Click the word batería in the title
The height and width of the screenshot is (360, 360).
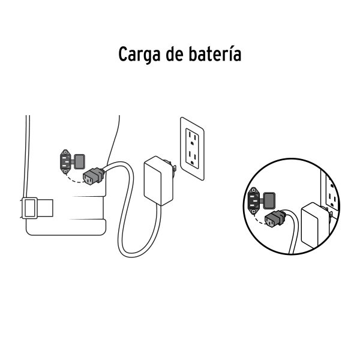217,55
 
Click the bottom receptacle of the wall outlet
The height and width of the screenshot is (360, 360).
193,157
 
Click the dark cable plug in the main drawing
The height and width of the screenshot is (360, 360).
94,175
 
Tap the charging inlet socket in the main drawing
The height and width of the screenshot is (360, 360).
65,161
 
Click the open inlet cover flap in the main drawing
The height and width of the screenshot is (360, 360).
79,160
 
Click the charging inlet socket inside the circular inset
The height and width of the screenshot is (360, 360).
254,199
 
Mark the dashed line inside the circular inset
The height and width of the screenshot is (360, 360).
260,217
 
